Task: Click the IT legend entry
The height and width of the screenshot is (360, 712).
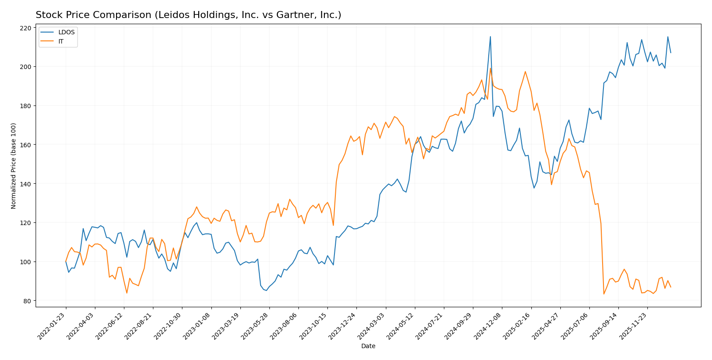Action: tap(61, 41)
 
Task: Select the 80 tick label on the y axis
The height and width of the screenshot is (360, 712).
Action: tap(27, 301)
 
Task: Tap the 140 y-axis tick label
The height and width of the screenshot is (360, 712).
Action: tap(26, 184)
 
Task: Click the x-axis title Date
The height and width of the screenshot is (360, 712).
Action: tap(368, 346)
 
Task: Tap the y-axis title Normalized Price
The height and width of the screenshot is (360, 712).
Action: tap(14, 166)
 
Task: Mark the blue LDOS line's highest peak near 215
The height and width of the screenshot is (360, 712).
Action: tap(490, 36)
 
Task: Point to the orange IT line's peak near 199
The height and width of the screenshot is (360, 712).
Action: tap(490, 68)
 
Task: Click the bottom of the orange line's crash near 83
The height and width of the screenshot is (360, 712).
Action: tap(604, 294)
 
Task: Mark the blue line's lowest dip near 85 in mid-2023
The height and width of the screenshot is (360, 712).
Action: tap(266, 291)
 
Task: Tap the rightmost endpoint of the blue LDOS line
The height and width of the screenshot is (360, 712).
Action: tap(671, 53)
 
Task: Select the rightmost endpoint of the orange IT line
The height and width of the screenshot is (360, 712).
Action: tap(671, 287)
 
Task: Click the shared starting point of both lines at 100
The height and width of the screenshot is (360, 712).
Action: tap(66, 262)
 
